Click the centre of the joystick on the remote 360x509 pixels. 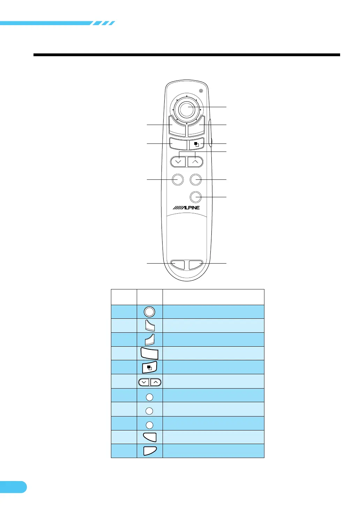pos(187,110)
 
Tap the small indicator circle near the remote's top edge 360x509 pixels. pos(201,91)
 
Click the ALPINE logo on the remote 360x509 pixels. pos(186,208)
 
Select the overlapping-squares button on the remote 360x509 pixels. pos(197,144)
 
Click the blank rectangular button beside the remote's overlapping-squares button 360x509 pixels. pos(178,144)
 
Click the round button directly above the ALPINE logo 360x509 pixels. pos(195,197)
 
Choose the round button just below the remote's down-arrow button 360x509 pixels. pos(178,179)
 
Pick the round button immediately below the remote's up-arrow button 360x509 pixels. pos(195,179)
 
